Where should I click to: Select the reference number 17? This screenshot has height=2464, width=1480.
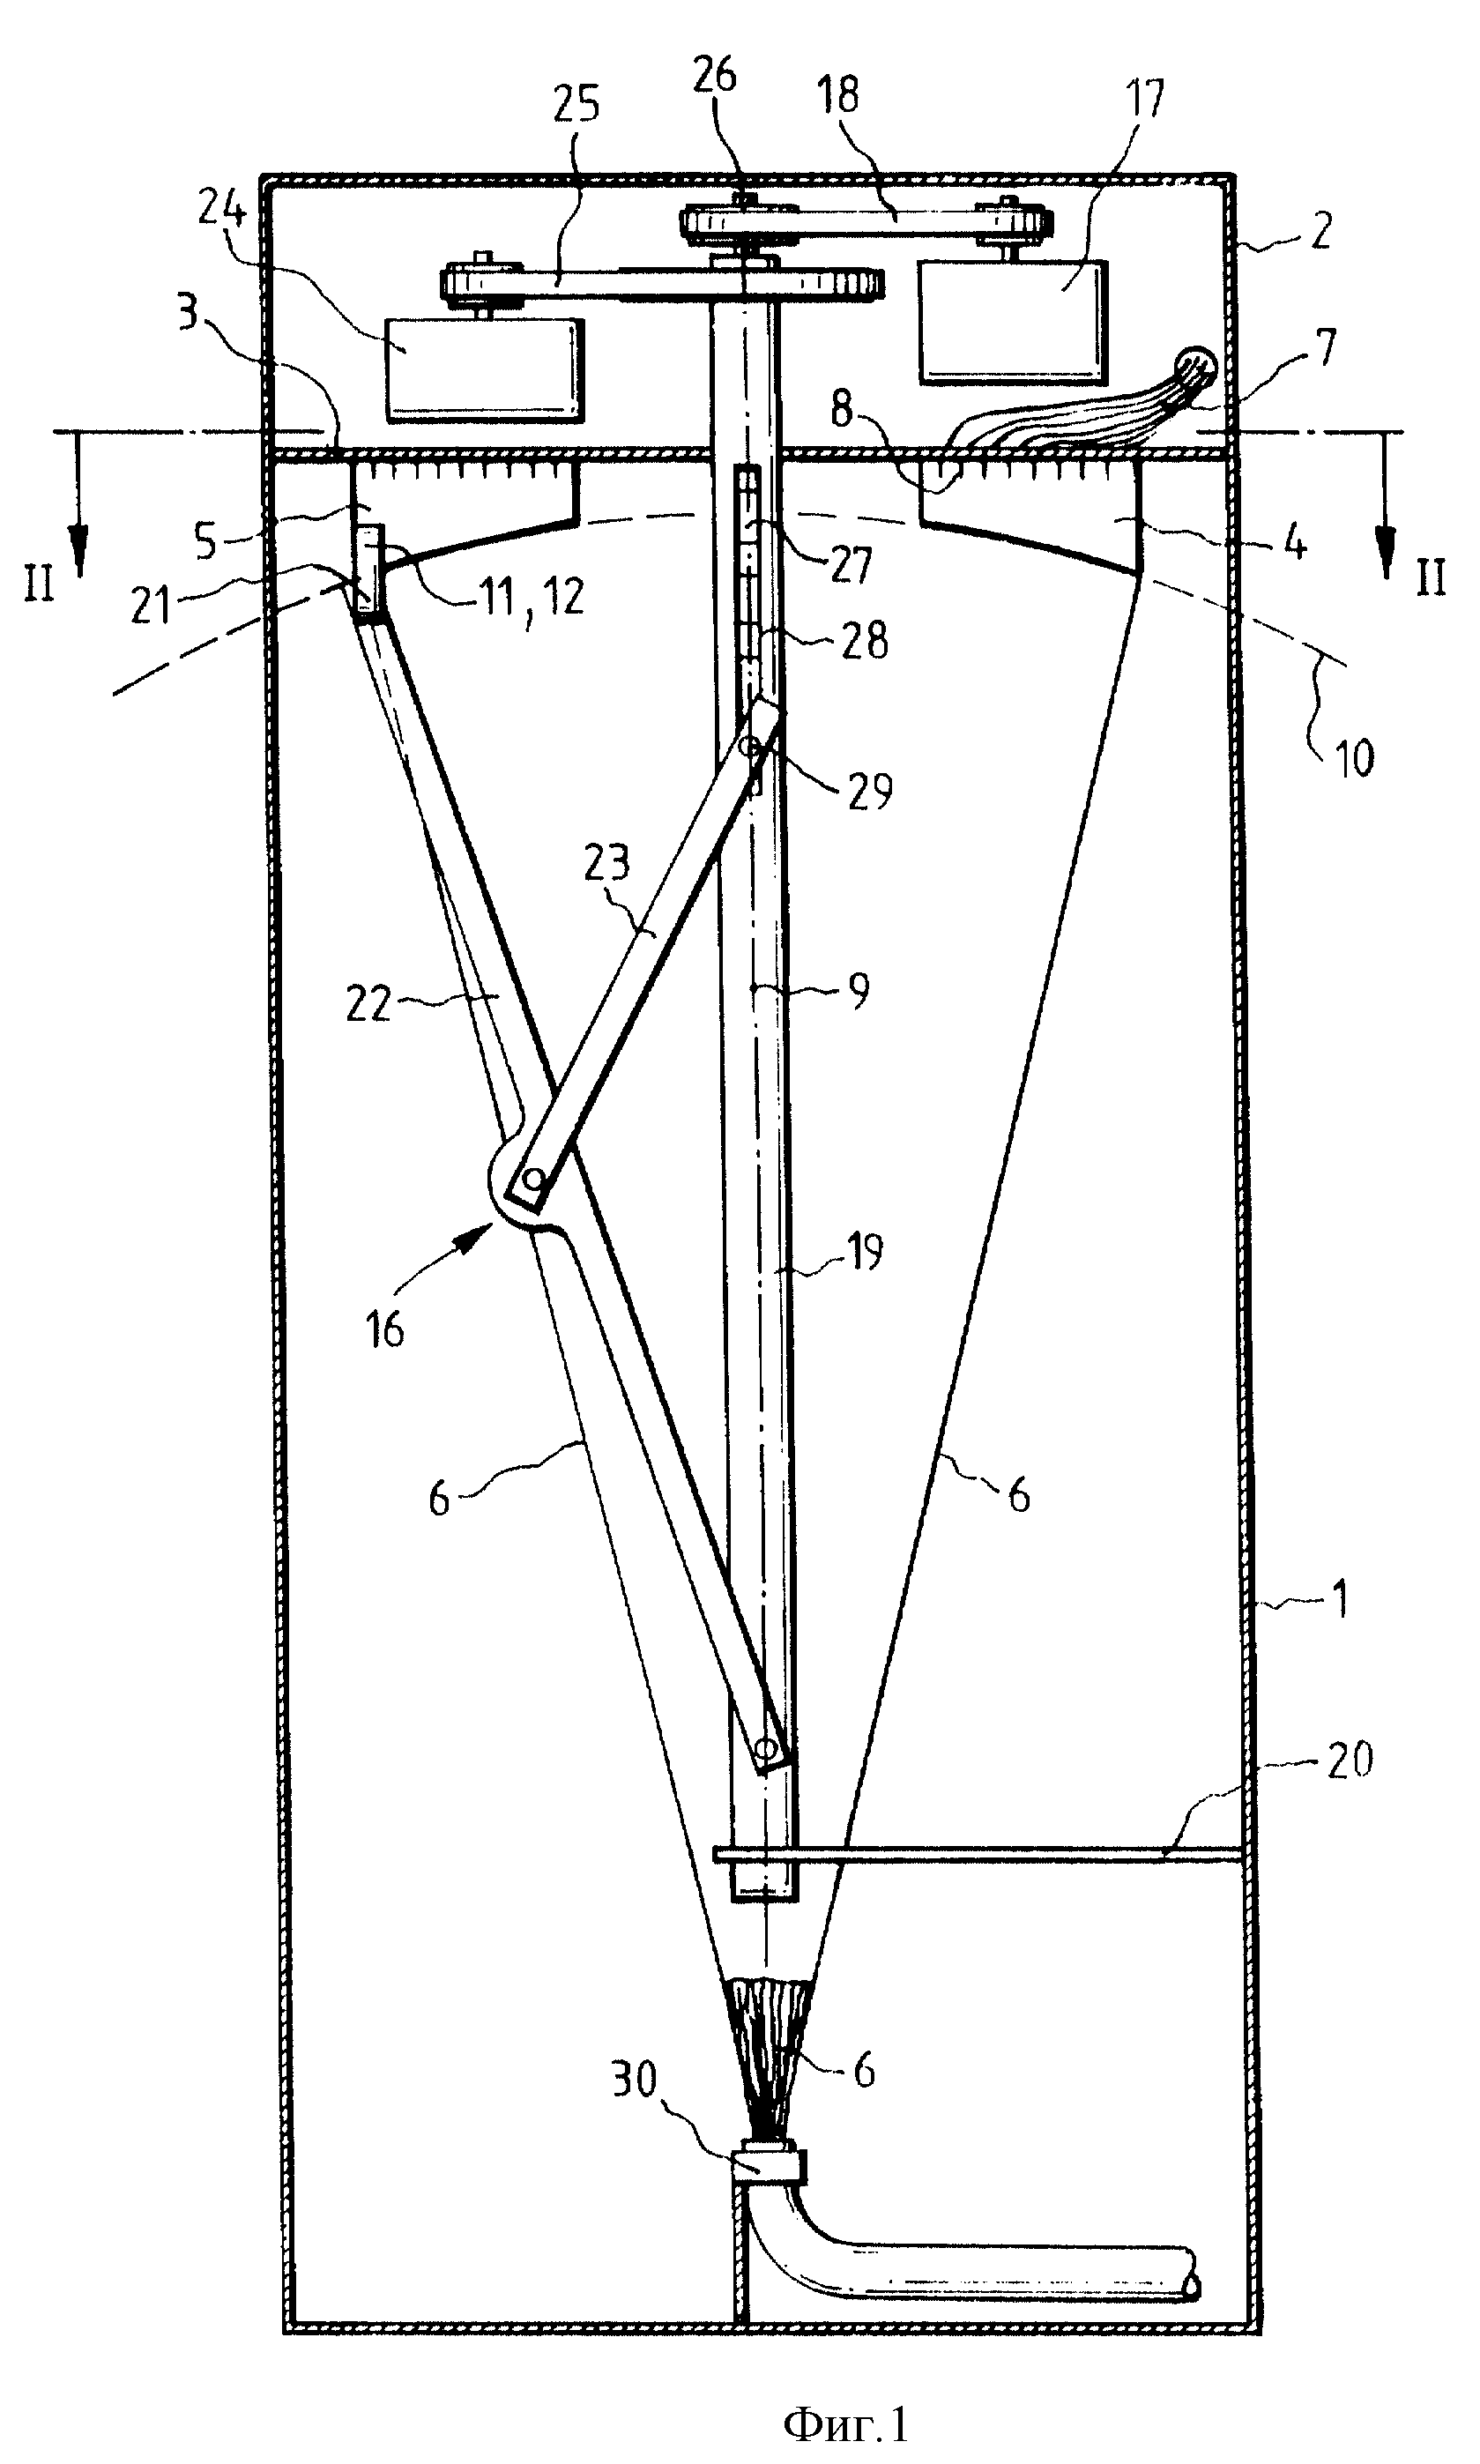1144,100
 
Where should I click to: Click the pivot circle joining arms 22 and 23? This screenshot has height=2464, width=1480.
533,1179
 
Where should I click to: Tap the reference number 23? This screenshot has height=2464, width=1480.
606,860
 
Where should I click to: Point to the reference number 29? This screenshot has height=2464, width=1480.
868,792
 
